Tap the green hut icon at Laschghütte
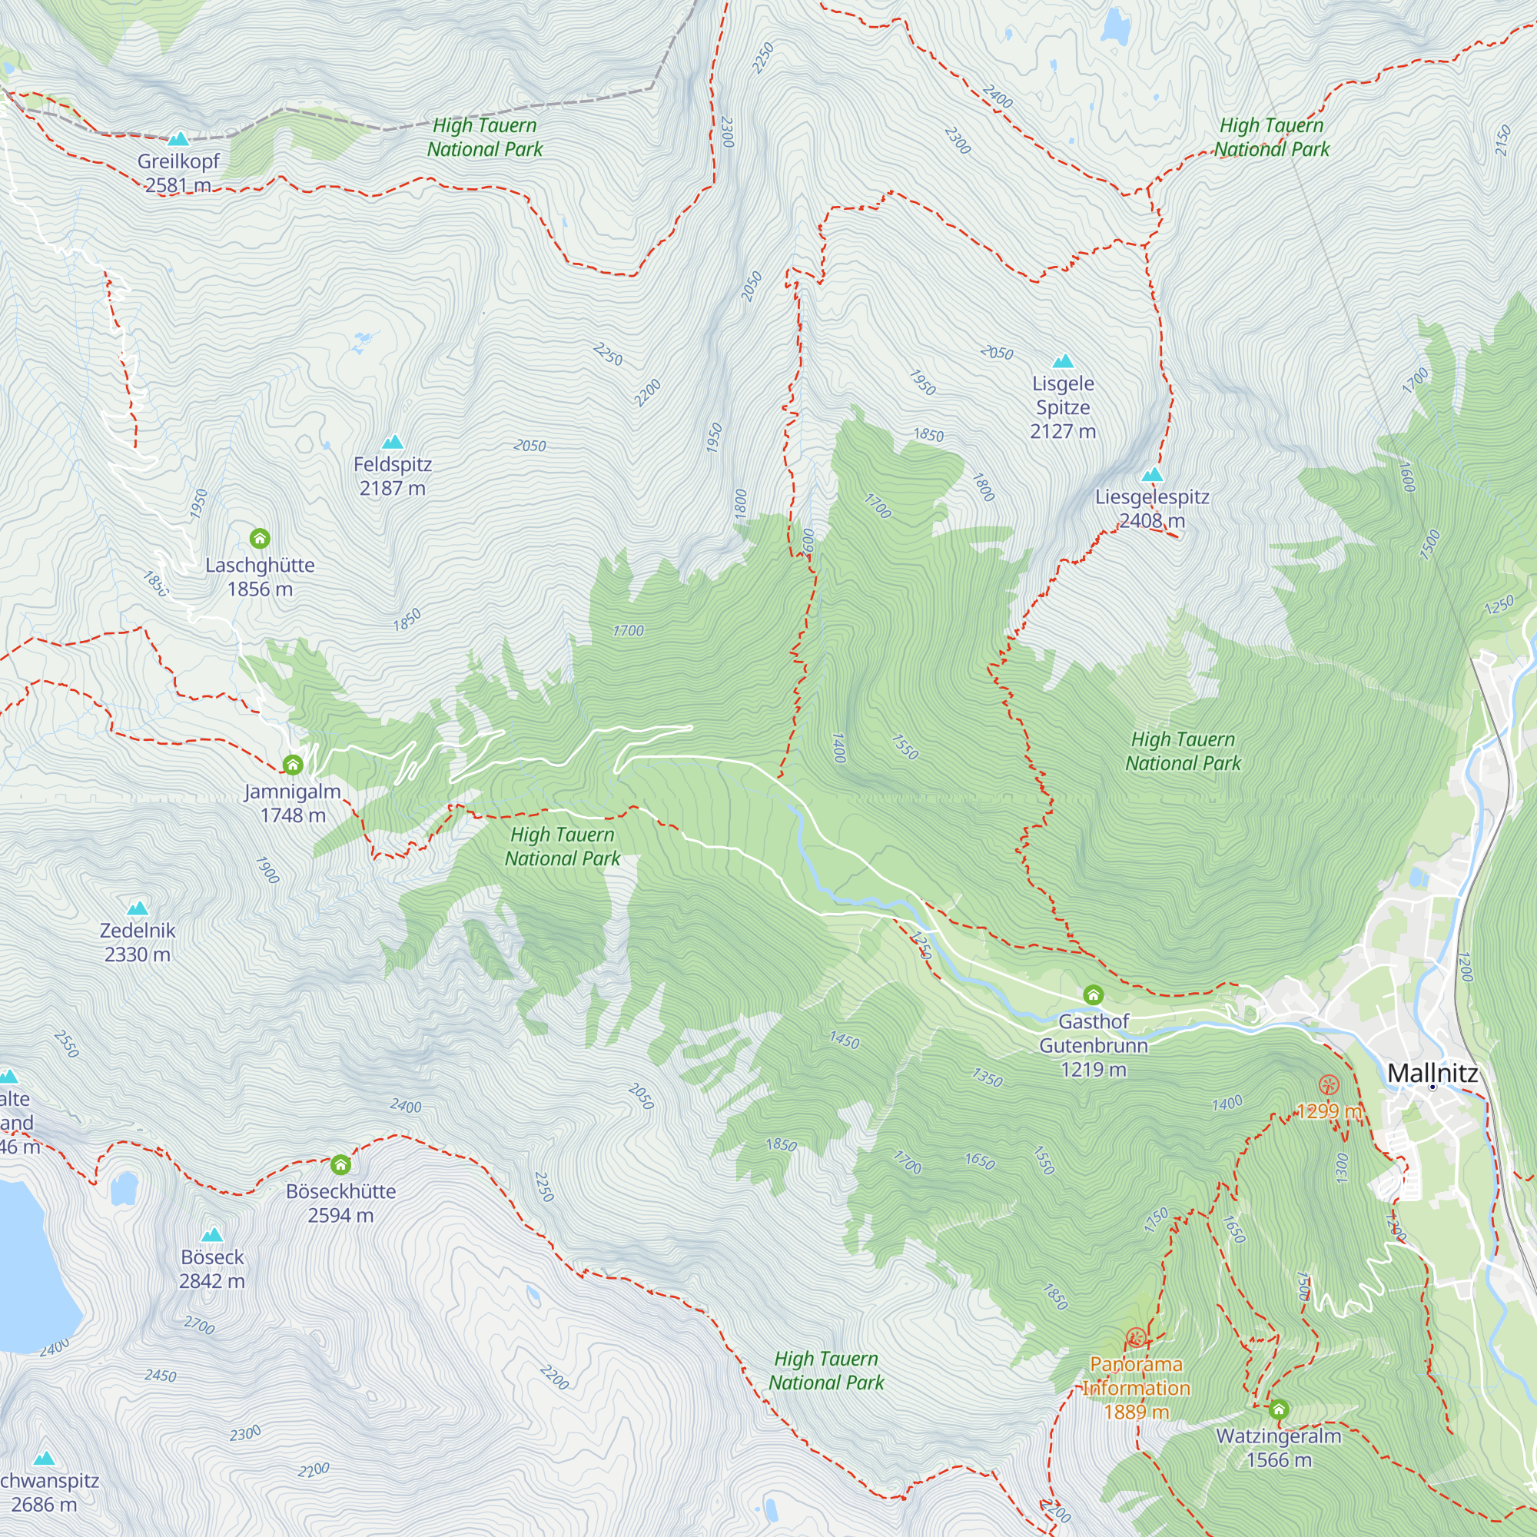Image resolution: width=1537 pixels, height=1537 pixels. pos(259,539)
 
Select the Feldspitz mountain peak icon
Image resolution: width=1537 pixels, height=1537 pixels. pos(392,443)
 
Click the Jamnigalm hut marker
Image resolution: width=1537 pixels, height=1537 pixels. pos(293,765)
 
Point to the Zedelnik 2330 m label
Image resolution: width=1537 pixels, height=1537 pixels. pos(138,942)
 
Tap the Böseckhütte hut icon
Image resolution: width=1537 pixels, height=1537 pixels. pos(340,1165)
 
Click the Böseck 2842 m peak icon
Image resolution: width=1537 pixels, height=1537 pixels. pos(211,1235)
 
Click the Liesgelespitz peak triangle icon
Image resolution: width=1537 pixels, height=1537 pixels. pos(1152,476)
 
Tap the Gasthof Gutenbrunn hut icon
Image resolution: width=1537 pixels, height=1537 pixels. pos(1093,994)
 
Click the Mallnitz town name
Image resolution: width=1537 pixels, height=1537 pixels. pos(1432,1073)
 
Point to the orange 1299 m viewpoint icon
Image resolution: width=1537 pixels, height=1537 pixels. pos(1329,1084)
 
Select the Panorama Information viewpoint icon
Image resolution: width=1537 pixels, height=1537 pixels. pos(1136,1337)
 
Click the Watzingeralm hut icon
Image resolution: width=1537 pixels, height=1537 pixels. pos(1279,1409)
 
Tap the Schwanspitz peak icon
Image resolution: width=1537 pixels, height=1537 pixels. pos(45,1459)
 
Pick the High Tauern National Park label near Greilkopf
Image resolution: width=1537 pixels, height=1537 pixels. pos(484,137)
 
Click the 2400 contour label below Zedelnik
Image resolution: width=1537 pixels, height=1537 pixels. pos(405,1105)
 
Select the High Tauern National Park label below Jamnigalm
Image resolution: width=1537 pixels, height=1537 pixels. pos(563,845)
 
